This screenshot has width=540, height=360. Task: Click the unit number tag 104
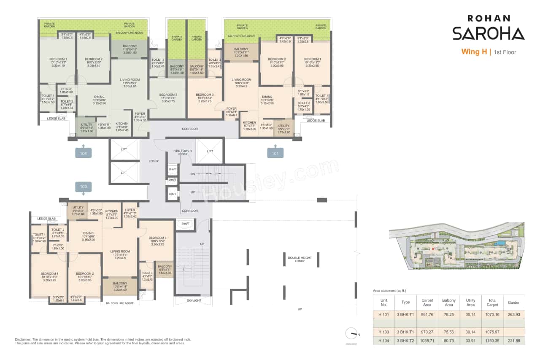pos(84,154)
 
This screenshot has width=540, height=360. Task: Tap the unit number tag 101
pos(275,154)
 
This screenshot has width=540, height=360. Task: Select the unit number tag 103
pos(84,186)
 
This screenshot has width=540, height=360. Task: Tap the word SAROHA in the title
pos(488,33)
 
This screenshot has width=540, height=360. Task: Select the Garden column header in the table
pos(514,303)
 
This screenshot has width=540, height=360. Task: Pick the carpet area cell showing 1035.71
pos(427,340)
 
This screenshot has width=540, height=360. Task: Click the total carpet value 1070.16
pos(492,314)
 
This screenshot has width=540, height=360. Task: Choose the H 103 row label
pos(383,332)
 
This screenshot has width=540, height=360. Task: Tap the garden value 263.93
pos(514,314)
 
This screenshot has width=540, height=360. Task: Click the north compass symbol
pos(351,333)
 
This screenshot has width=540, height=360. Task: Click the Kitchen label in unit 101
pos(249,123)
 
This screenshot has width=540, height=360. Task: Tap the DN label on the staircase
pos(192,173)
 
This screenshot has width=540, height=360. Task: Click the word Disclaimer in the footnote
pos(23,340)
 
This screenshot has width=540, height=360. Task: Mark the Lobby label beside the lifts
pos(153,161)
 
